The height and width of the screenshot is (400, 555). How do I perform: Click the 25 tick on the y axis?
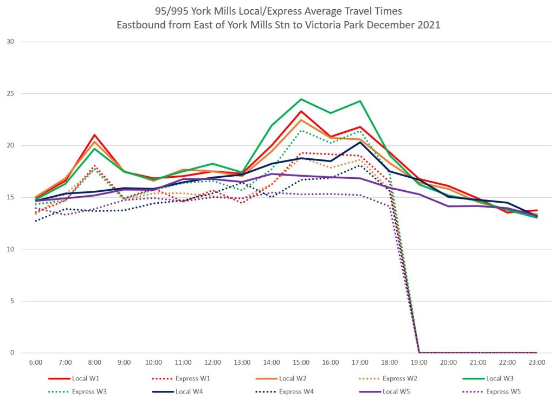10,94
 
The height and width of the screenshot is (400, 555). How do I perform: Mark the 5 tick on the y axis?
11,301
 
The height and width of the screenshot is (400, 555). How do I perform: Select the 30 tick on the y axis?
10,42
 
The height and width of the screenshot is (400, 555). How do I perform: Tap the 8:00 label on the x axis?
95,362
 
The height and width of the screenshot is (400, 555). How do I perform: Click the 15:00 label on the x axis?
301,362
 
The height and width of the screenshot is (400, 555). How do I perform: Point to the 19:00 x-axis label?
419,362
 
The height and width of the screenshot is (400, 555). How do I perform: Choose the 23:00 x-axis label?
537,362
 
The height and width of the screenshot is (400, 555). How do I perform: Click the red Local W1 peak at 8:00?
95,135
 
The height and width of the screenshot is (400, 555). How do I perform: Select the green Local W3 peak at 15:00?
301,99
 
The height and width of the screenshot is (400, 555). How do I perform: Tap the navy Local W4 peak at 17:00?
360,142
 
